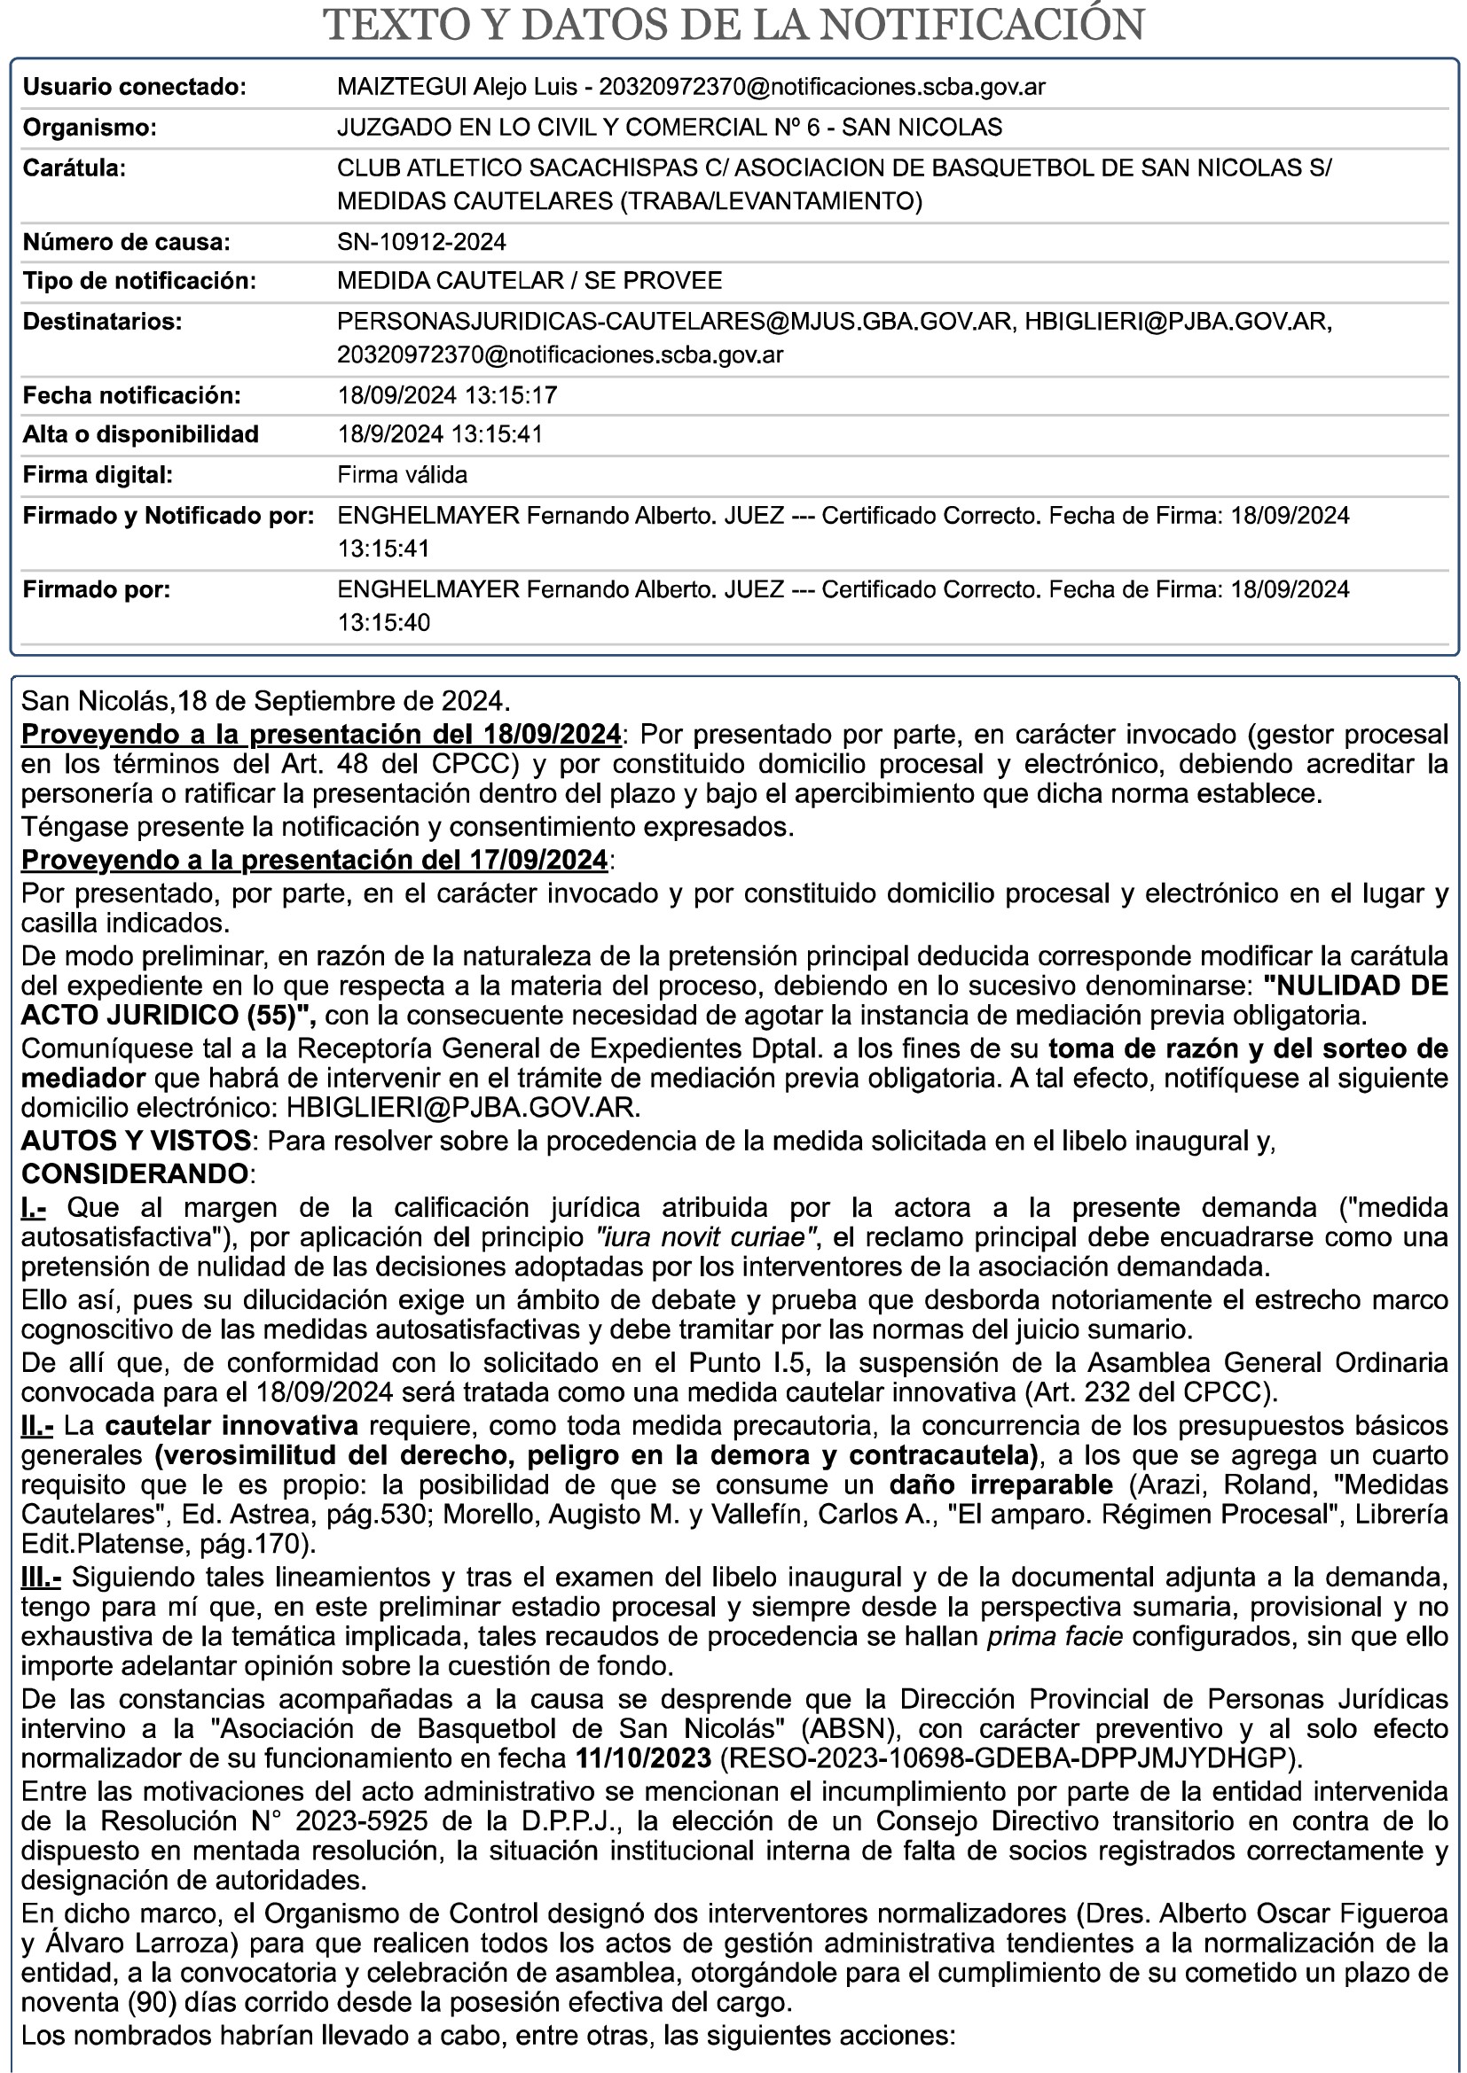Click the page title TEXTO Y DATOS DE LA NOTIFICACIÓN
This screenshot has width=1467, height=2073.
[x=733, y=26]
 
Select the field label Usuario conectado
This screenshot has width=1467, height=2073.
[x=134, y=88]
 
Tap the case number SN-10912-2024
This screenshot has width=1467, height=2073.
[x=421, y=242]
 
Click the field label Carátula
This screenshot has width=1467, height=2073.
[x=75, y=168]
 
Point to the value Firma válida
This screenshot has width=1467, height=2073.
[x=402, y=474]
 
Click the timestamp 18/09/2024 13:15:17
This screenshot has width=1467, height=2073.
[x=447, y=395]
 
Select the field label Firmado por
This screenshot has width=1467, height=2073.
[x=96, y=589]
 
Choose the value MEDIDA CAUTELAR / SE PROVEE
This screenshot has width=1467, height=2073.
[x=530, y=281]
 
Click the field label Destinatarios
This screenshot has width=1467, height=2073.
[x=102, y=322]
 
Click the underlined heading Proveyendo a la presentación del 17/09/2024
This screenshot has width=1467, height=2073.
[x=314, y=860]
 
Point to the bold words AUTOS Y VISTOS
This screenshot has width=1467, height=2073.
[x=136, y=1141]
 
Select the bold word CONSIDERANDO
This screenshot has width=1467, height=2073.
[x=135, y=1173]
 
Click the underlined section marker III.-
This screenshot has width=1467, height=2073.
[x=41, y=1578]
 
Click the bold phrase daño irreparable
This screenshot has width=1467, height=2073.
[x=1000, y=1485]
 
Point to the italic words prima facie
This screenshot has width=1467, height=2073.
[x=1055, y=1636]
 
